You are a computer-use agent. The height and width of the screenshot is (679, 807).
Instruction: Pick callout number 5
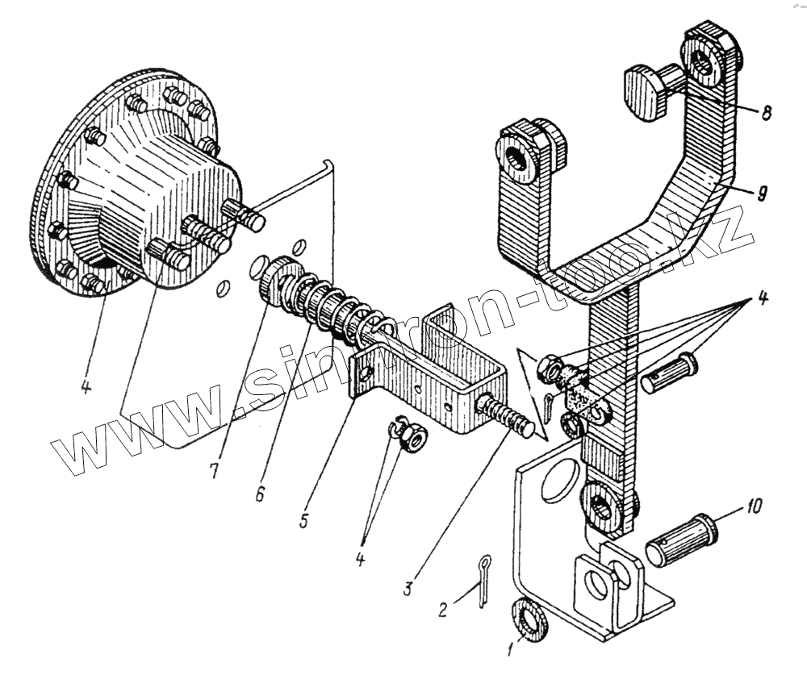pyautogui.click(x=303, y=520)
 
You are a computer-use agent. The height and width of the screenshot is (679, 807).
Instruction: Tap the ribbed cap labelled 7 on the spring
pyautogui.click(x=279, y=279)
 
